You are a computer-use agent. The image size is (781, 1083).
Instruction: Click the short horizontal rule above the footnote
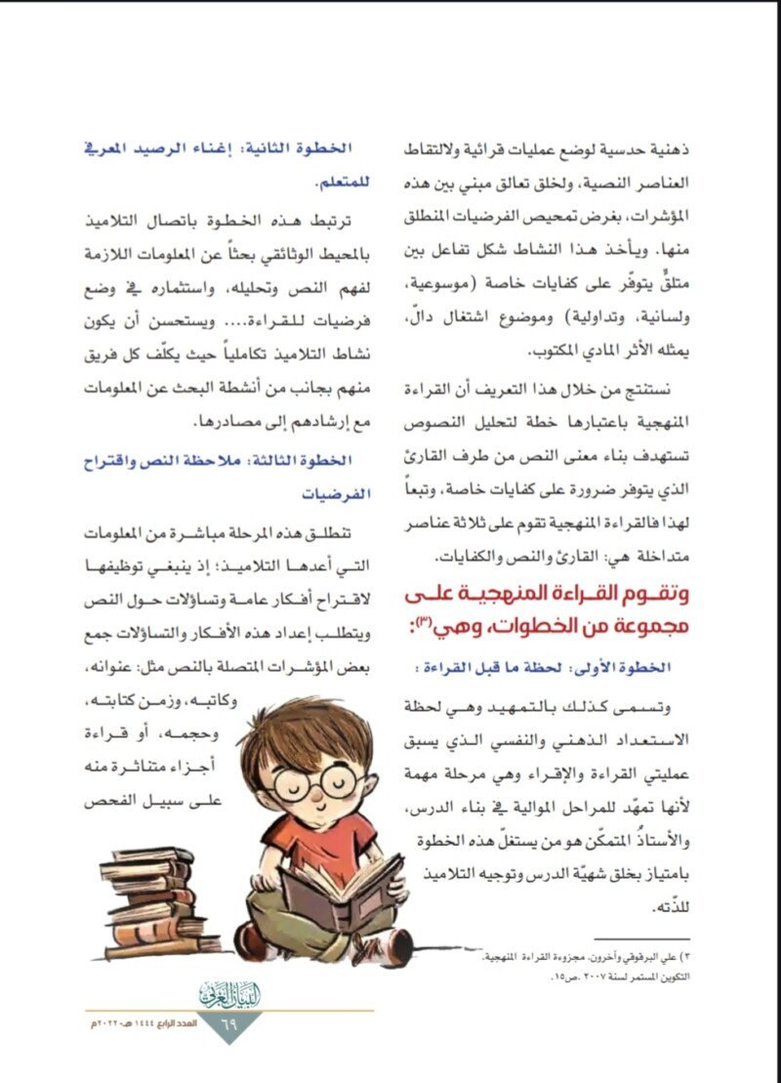click(x=634, y=938)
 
